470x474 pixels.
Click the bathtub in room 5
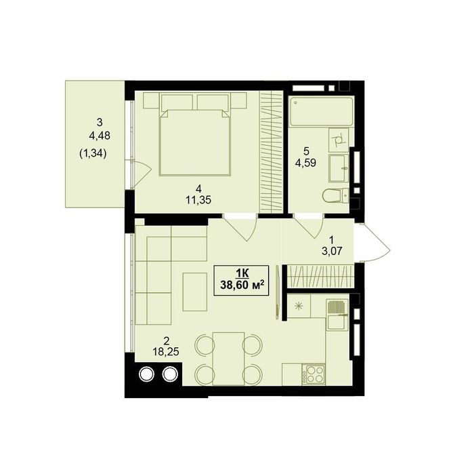(x=321, y=111)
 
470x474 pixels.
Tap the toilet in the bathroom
(x=335, y=195)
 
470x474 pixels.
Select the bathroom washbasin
(x=339, y=167)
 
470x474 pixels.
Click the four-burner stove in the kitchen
(x=315, y=374)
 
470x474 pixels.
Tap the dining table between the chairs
(x=228, y=359)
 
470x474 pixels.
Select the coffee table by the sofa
(x=194, y=292)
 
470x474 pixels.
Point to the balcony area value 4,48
(x=100, y=136)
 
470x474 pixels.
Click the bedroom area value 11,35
(x=198, y=200)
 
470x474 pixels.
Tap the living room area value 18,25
(x=166, y=351)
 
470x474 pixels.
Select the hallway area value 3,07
(x=332, y=251)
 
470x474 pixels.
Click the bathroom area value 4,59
(x=306, y=163)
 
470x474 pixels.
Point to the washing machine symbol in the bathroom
(x=339, y=140)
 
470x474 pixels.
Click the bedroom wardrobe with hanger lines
(x=271, y=152)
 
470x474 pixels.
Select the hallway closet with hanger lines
(x=320, y=276)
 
